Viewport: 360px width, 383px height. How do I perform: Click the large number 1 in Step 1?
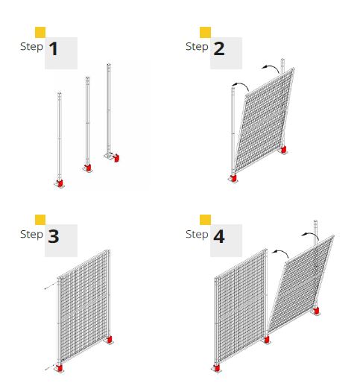tap(54, 48)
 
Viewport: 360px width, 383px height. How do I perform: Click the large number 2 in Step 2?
tap(219, 48)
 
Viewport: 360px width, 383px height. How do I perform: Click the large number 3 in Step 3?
tap(54, 236)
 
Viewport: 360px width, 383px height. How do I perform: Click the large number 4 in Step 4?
tap(219, 236)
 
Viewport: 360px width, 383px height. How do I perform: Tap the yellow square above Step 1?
tap(40, 32)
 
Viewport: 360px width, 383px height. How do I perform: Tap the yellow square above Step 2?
tap(205, 32)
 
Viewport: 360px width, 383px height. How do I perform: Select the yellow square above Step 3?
tap(40, 220)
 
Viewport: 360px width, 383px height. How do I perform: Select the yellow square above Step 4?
tap(205, 220)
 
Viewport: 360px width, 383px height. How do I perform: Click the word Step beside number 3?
tap(31, 235)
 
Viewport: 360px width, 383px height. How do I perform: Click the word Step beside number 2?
tap(197, 47)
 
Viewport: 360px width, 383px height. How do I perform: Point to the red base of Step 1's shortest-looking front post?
tap(60, 183)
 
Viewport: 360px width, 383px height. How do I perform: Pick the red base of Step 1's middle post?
tap(88, 168)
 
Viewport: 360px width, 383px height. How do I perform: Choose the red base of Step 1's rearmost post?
tap(116, 158)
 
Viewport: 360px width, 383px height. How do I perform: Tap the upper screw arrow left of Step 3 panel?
tap(49, 286)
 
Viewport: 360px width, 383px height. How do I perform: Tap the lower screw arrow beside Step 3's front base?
tap(50, 368)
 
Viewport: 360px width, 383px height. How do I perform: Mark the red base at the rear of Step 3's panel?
tap(110, 339)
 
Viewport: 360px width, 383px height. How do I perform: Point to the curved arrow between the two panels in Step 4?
tap(280, 253)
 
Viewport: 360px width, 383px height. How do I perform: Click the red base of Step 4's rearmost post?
tap(316, 311)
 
